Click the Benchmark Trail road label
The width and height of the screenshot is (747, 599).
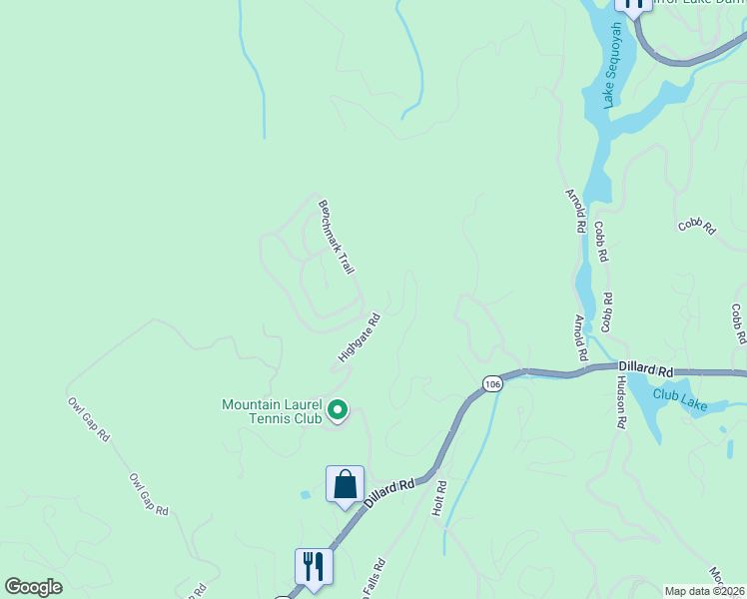pos(337,238)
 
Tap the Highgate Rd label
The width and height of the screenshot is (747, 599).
pos(360,338)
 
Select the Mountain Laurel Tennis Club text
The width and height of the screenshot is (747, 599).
pos(272,411)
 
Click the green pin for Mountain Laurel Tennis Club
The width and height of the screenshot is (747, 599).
pos(338,409)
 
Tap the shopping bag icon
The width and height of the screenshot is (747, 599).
pos(345,485)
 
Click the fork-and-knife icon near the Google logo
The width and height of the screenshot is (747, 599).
pos(314,566)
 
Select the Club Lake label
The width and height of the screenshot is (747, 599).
pos(680,394)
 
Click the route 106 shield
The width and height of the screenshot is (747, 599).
pos(491,384)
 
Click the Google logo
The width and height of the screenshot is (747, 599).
pos(33,587)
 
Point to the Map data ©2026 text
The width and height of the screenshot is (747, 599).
pos(705,590)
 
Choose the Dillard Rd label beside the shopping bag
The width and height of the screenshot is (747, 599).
pos(389,493)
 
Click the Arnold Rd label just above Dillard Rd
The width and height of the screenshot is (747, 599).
pos(580,337)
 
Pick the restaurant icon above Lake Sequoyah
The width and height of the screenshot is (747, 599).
pos(632,4)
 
